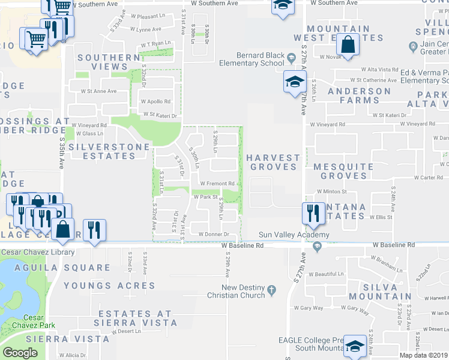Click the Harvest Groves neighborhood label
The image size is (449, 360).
(x=273, y=162)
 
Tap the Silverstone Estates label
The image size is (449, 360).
(x=101, y=151)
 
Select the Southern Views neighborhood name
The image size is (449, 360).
(x=109, y=62)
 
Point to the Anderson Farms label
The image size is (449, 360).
(x=359, y=95)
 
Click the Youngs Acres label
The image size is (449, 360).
(x=109, y=286)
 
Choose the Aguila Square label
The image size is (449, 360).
(x=55, y=268)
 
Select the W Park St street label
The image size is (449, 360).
(x=205, y=197)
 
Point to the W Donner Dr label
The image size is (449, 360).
(x=211, y=234)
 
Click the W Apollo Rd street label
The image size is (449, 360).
(x=156, y=101)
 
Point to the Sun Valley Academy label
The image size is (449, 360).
(x=294, y=235)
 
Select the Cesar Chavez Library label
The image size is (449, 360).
(x=37, y=252)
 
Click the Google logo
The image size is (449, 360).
(x=20, y=353)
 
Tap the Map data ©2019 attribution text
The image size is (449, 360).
(x=423, y=355)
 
